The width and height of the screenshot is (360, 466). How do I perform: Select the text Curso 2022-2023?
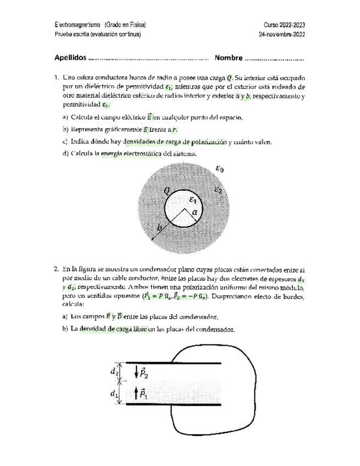(x=284, y=25)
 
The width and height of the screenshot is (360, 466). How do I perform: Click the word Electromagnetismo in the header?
(x=77, y=25)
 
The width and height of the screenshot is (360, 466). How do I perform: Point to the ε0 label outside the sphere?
(x=219, y=170)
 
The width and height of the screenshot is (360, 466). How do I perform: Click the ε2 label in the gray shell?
(x=218, y=191)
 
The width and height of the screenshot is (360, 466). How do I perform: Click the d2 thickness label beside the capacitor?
(x=114, y=371)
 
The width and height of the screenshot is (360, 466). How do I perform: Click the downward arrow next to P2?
(x=137, y=372)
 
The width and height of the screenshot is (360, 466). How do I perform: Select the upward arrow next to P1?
(x=137, y=393)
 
